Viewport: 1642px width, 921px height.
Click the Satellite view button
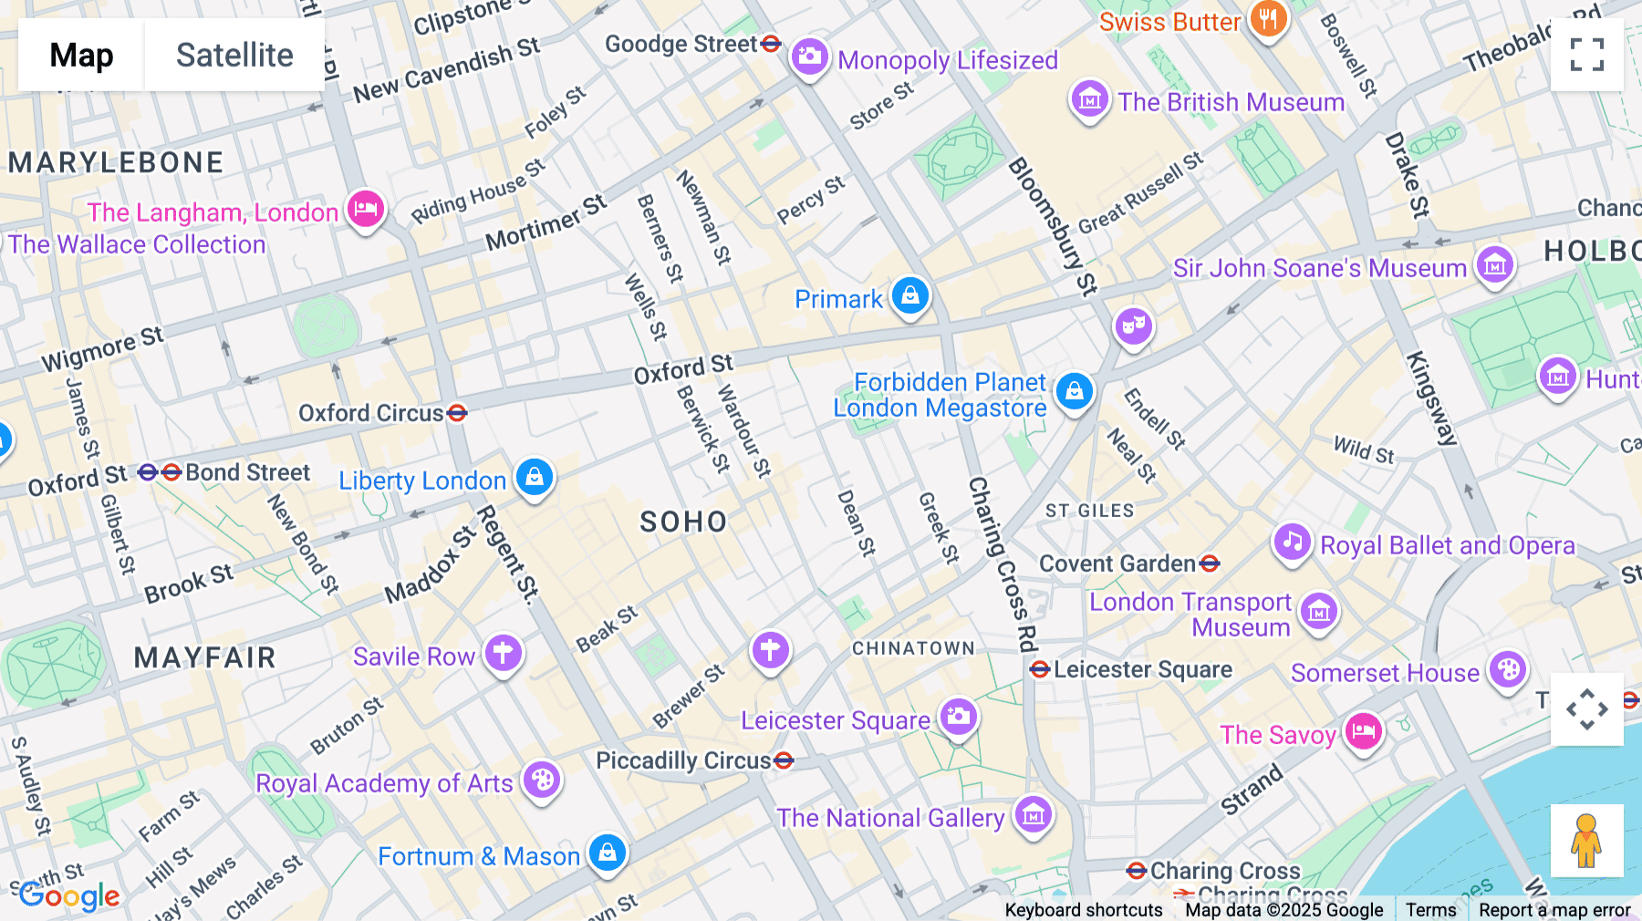tap(234, 55)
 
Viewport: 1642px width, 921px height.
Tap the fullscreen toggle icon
tap(1586, 55)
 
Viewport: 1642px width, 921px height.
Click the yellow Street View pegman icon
tap(1586, 840)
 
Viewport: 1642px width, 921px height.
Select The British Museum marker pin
tap(1089, 99)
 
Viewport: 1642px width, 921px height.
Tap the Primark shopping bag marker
tap(909, 295)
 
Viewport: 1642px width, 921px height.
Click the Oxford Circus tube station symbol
tap(457, 413)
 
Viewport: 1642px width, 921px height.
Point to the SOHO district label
tap(683, 522)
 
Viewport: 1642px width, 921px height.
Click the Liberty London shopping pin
tap(535, 477)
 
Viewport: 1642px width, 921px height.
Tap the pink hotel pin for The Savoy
tap(1363, 730)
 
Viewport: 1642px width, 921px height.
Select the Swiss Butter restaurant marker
tap(1268, 19)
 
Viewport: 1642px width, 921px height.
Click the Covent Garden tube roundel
tap(1210, 564)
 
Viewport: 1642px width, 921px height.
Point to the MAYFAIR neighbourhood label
tap(204, 657)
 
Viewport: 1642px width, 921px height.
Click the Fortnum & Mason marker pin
tap(608, 853)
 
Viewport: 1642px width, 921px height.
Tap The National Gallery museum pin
tap(1033, 814)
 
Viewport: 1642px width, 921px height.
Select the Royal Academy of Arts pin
tap(542, 780)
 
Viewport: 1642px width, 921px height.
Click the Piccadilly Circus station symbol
tap(783, 761)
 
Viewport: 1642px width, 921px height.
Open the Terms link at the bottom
tap(1430, 909)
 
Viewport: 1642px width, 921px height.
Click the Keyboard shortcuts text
tap(1083, 909)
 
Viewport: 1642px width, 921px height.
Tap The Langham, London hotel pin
tap(366, 209)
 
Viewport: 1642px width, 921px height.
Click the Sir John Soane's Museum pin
tap(1494, 265)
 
